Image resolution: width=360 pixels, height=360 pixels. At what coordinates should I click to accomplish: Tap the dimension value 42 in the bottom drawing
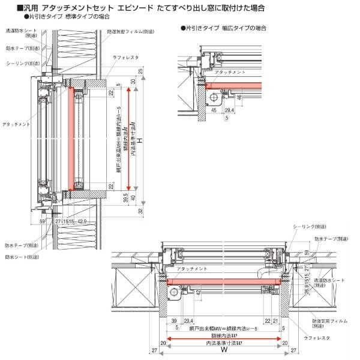click(198, 292)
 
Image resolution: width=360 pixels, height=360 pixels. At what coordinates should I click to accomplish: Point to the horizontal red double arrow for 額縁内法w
click(224, 339)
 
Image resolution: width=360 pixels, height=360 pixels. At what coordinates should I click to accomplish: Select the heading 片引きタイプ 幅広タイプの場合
click(223, 28)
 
